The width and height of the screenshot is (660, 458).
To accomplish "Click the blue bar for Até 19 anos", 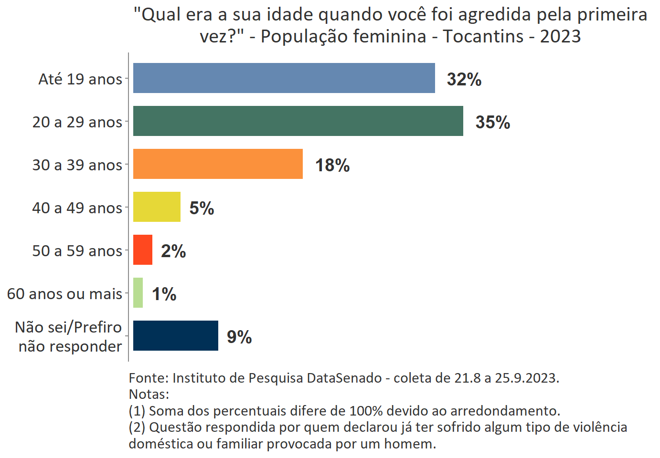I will coord(284,78).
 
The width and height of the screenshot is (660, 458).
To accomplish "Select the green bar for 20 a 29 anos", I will coord(298,121).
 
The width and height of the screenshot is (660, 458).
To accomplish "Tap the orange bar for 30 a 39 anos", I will coord(218,164).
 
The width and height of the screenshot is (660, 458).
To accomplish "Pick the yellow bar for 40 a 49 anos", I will coord(157,207).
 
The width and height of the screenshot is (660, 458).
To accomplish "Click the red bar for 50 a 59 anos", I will coord(142,250).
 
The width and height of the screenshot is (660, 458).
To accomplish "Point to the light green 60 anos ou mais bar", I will coord(138,292).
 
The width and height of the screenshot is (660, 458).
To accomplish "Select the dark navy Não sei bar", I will coord(175,335).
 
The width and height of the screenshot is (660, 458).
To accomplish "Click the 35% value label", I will coord(492,122).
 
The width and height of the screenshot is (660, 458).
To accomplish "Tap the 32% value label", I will coord(464,79).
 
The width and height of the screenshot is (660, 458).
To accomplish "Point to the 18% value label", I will coord(332,165).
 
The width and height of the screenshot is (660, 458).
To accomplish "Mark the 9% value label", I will coord(239,337).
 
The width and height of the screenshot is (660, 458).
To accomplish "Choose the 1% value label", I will coord(164,294).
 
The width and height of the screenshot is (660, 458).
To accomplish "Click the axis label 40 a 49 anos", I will coord(77,208).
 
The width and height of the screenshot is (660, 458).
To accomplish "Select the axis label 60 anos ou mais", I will coord(64,294).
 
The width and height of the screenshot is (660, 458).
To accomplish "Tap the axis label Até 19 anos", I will coord(80,79).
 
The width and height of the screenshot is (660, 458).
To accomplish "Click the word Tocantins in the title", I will coord(483,36).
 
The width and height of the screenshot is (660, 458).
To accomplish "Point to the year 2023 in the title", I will coord(560,36).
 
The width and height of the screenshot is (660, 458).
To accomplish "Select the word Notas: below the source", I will coord(149,395).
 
